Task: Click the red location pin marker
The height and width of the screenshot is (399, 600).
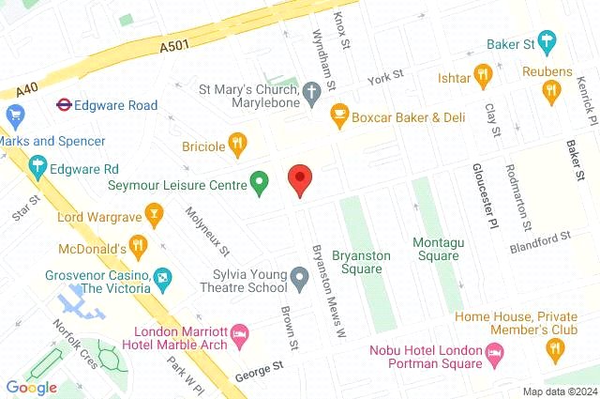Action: (299, 179)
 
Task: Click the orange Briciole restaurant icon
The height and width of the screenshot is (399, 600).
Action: (238, 145)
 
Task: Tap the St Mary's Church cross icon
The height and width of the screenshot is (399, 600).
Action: (313, 91)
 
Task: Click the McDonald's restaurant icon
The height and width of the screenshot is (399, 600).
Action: (139, 248)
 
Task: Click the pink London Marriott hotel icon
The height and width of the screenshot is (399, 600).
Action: (240, 334)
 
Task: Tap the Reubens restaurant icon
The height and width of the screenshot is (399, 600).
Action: (550, 90)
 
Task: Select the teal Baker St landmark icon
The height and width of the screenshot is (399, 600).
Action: (547, 40)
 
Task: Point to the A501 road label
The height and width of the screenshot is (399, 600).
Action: (176, 43)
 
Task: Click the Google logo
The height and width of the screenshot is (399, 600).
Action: (31, 387)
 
